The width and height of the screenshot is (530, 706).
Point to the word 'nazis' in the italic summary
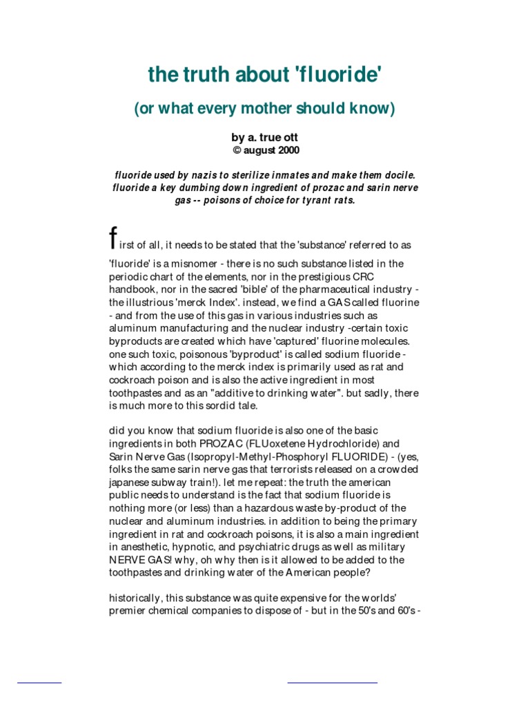pyautogui.click(x=197, y=175)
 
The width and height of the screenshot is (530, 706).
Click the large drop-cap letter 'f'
pyautogui.click(x=113, y=236)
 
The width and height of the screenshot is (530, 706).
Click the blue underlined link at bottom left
pyautogui.click(x=39, y=681)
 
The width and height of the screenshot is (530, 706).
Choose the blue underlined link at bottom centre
pyautogui.click(x=332, y=681)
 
